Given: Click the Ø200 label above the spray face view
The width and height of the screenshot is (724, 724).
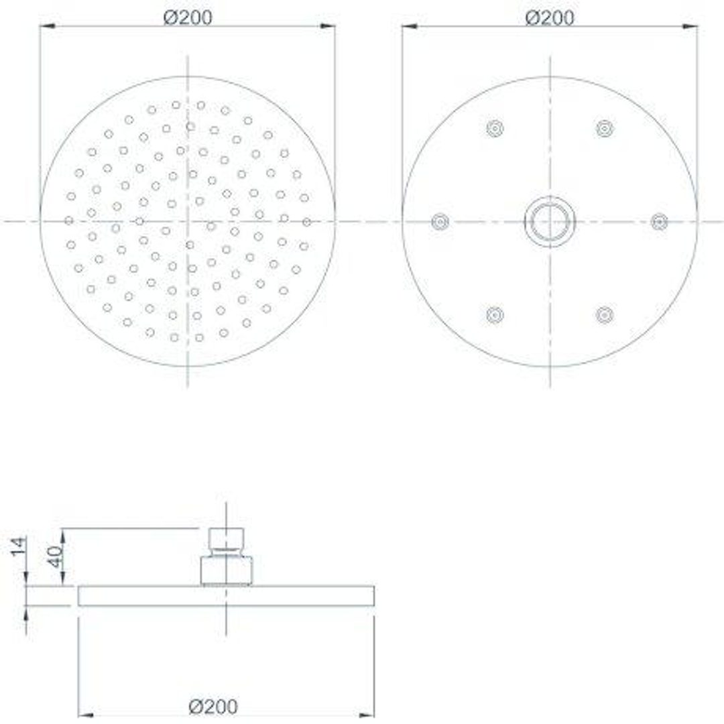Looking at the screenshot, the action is pos(188,17).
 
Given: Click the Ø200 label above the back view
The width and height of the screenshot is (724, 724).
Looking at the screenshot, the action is pos(550,17).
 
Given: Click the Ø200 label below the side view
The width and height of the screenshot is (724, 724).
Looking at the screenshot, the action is pos(213,707).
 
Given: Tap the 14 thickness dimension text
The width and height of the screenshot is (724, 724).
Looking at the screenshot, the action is pos(19,547).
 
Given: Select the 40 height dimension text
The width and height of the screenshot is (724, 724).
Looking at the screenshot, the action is pos(55,557).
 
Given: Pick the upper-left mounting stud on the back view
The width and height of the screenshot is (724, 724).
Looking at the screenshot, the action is pos(495,128).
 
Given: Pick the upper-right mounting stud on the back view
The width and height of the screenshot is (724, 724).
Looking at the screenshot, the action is pos(605,128).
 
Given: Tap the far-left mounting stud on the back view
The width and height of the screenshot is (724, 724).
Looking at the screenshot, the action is pos(440,222).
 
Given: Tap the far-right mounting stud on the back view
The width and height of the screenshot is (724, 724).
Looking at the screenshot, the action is pos(659,222).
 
